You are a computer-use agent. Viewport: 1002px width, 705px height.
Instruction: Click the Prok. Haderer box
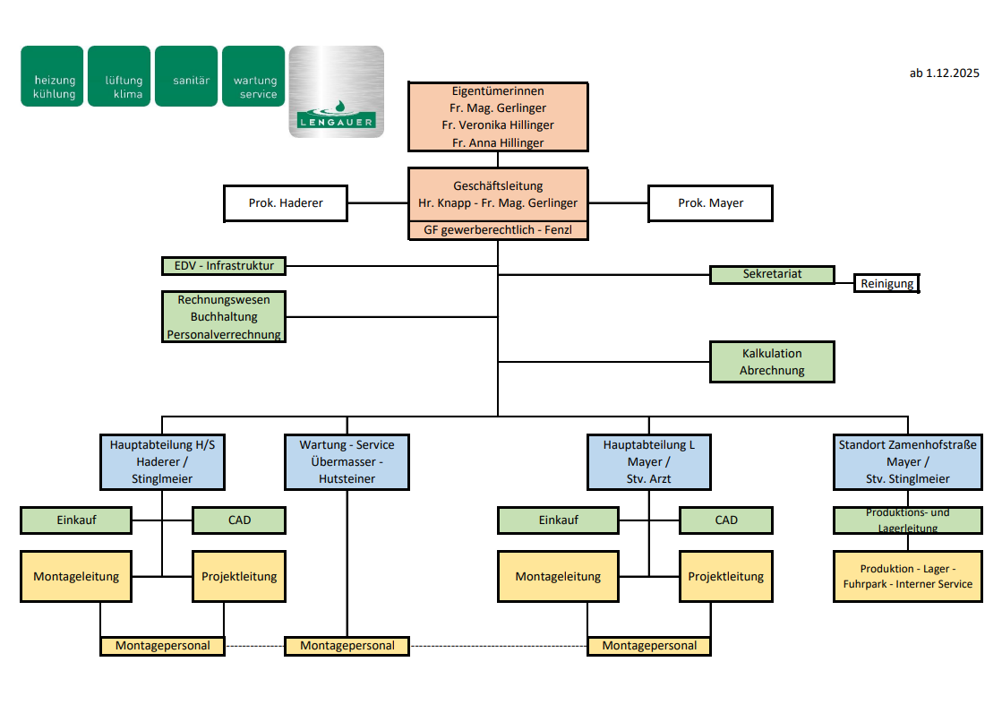[x=286, y=203]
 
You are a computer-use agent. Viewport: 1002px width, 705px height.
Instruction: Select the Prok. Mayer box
[x=710, y=203]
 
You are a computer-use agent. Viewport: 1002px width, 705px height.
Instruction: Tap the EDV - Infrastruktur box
[x=224, y=265]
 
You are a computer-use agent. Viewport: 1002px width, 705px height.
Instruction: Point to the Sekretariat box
[x=772, y=274]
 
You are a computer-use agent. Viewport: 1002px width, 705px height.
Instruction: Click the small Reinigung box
[x=886, y=284]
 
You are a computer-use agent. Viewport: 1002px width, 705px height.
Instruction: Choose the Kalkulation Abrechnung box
[x=772, y=362]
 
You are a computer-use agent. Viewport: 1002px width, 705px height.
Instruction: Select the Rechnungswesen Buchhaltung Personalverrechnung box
[x=224, y=317]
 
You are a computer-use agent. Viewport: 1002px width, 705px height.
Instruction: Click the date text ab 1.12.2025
[x=944, y=73]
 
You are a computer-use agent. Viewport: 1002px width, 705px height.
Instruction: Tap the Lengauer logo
[x=336, y=92]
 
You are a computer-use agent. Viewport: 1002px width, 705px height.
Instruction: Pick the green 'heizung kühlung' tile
[x=53, y=76]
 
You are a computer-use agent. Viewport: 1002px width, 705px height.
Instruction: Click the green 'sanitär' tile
[x=186, y=76]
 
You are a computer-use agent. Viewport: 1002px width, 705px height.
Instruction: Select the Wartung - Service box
[x=347, y=461]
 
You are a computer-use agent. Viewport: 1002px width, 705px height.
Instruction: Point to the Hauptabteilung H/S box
[x=162, y=461]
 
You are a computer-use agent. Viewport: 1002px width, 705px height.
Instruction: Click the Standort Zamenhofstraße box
[x=908, y=461]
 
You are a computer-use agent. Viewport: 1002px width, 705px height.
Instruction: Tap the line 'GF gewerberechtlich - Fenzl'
[x=498, y=230]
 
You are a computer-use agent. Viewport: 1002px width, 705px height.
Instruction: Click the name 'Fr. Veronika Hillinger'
[x=498, y=125]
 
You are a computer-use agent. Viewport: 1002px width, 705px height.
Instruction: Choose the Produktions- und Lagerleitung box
[x=908, y=520]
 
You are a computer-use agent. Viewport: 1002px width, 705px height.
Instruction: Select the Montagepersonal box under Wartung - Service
[x=347, y=645]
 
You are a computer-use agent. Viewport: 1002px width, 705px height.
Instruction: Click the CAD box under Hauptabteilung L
[x=725, y=520]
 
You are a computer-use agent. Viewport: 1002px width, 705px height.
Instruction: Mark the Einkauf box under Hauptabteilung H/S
[x=76, y=520]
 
